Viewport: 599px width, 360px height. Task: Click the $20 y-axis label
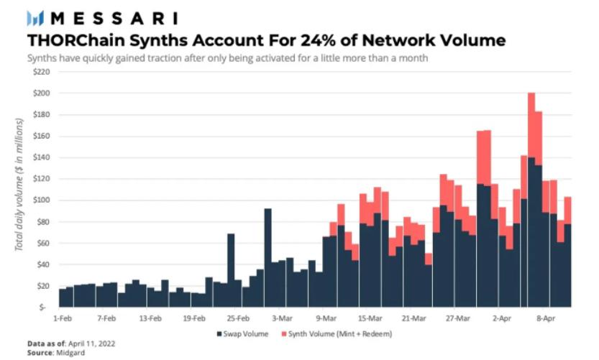pyautogui.click(x=42, y=285)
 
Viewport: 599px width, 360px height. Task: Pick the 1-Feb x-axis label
pyautogui.click(x=62, y=316)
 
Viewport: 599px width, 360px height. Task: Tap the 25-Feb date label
pyautogui.click(x=237, y=316)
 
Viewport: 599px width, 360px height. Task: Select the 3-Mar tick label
pyautogui.click(x=282, y=316)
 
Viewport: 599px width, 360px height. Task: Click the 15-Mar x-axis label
pyautogui.click(x=370, y=316)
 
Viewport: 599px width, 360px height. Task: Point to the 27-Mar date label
pyautogui.click(x=457, y=316)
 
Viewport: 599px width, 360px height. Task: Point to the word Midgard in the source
pyautogui.click(x=69, y=353)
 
